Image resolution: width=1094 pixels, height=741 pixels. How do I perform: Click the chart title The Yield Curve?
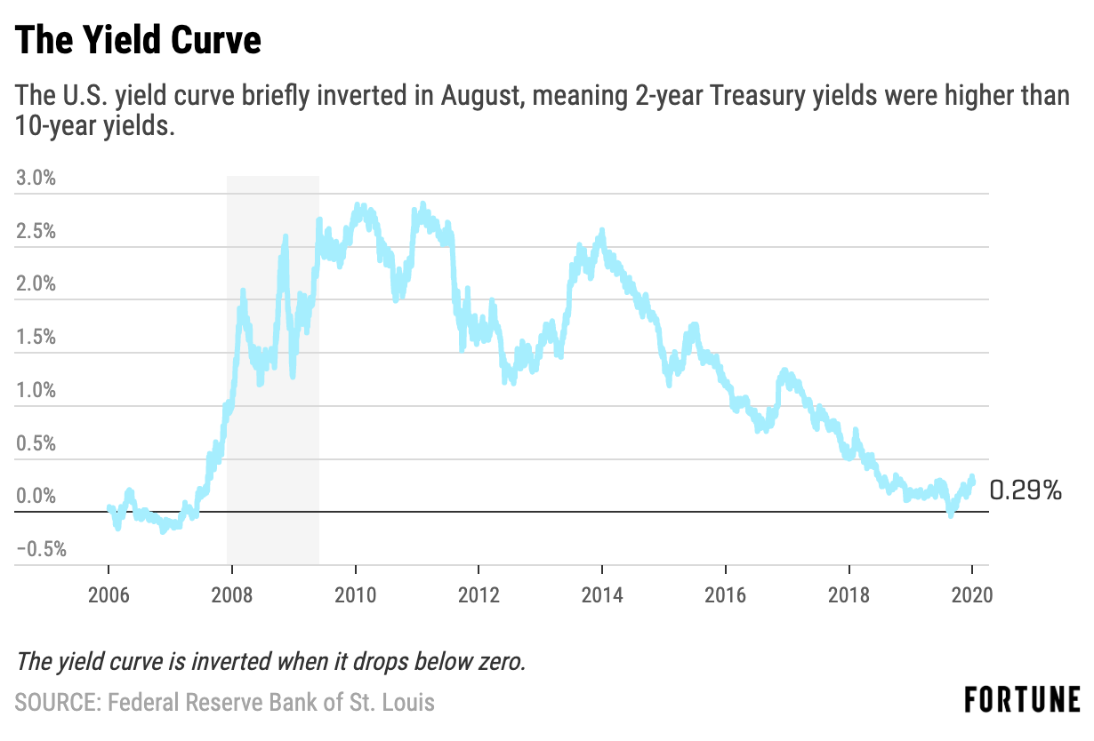tap(139, 41)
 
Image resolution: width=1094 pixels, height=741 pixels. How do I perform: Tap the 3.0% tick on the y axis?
tap(36, 178)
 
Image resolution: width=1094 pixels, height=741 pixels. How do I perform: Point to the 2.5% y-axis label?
tap(36, 231)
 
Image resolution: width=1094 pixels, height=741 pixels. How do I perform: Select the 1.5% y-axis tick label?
tap(36, 337)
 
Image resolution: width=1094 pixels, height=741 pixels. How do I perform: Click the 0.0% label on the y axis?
tap(36, 496)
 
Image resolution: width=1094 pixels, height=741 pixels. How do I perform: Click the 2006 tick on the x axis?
tap(109, 596)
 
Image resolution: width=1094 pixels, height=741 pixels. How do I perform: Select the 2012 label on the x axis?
tap(479, 596)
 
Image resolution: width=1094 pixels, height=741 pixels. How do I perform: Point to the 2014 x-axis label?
tap(602, 596)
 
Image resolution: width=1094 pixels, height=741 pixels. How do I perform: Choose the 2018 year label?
tap(849, 596)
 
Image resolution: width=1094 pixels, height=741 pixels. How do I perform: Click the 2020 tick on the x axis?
tap(971, 596)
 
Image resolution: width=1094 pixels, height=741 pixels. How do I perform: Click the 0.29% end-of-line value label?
tap(1026, 490)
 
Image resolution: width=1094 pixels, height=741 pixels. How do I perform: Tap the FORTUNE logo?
tap(1022, 699)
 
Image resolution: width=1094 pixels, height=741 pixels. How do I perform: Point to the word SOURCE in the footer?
tap(57, 702)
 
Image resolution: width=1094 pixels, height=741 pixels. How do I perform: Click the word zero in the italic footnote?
tap(502, 662)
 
